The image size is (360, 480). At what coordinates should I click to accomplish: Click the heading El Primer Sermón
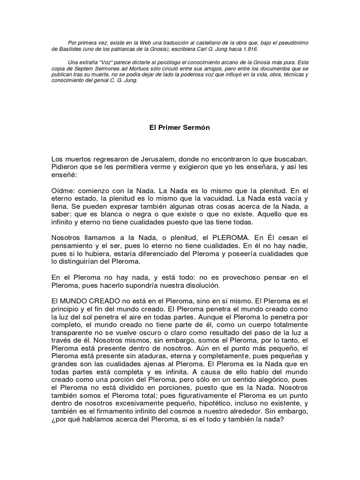[180, 127]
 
